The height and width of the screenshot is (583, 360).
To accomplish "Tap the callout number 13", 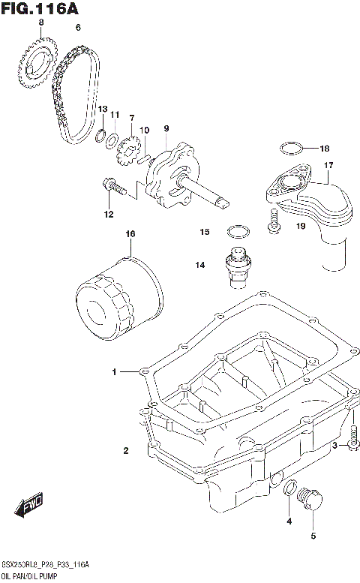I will coord(103,110).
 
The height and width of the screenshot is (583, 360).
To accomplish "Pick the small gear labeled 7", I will coord(127,151).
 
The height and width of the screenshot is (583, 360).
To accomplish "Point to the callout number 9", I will coord(166,129).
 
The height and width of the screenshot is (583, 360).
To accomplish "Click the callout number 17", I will coord(328,165).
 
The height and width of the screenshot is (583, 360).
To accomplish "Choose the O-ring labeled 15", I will coord(237,230).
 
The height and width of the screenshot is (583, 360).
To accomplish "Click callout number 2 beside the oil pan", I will coord(126,450).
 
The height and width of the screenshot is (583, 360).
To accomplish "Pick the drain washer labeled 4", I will coord(288,491).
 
